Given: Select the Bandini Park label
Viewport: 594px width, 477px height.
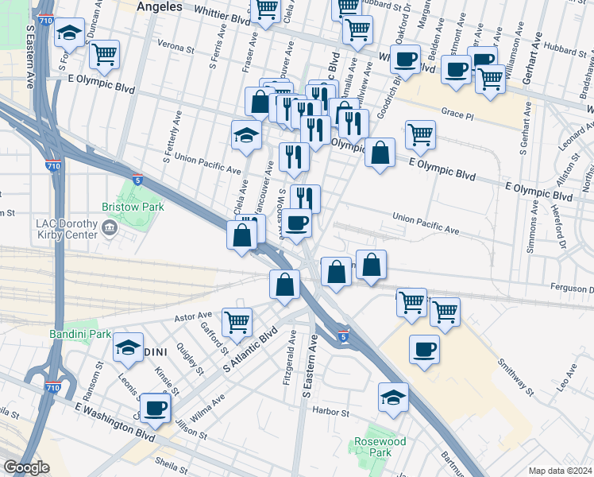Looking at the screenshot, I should [x=81, y=335].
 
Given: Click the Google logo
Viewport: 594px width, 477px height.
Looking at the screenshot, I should [x=26, y=467].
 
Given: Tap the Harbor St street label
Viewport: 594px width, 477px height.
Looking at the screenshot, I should [x=331, y=412].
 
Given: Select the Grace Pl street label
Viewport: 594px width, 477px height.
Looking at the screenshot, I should [x=457, y=114].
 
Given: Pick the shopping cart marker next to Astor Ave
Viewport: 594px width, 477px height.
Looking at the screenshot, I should [x=237, y=322].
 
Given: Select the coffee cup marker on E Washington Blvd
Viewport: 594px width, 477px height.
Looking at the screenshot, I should [x=155, y=409].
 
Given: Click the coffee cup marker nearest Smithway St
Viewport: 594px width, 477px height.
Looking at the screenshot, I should [x=425, y=349].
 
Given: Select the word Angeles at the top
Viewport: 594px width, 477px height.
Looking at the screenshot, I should [x=160, y=6].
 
